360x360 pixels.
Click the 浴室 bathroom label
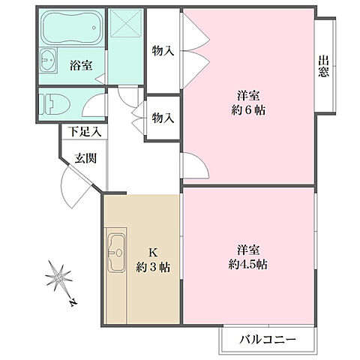tap(82, 65)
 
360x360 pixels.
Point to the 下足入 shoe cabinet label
tap(84, 132)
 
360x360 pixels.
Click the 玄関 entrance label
tap(85, 158)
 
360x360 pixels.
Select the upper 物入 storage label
tap(163, 51)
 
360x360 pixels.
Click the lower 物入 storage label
tap(163, 118)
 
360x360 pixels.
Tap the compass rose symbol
tap(58, 280)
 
